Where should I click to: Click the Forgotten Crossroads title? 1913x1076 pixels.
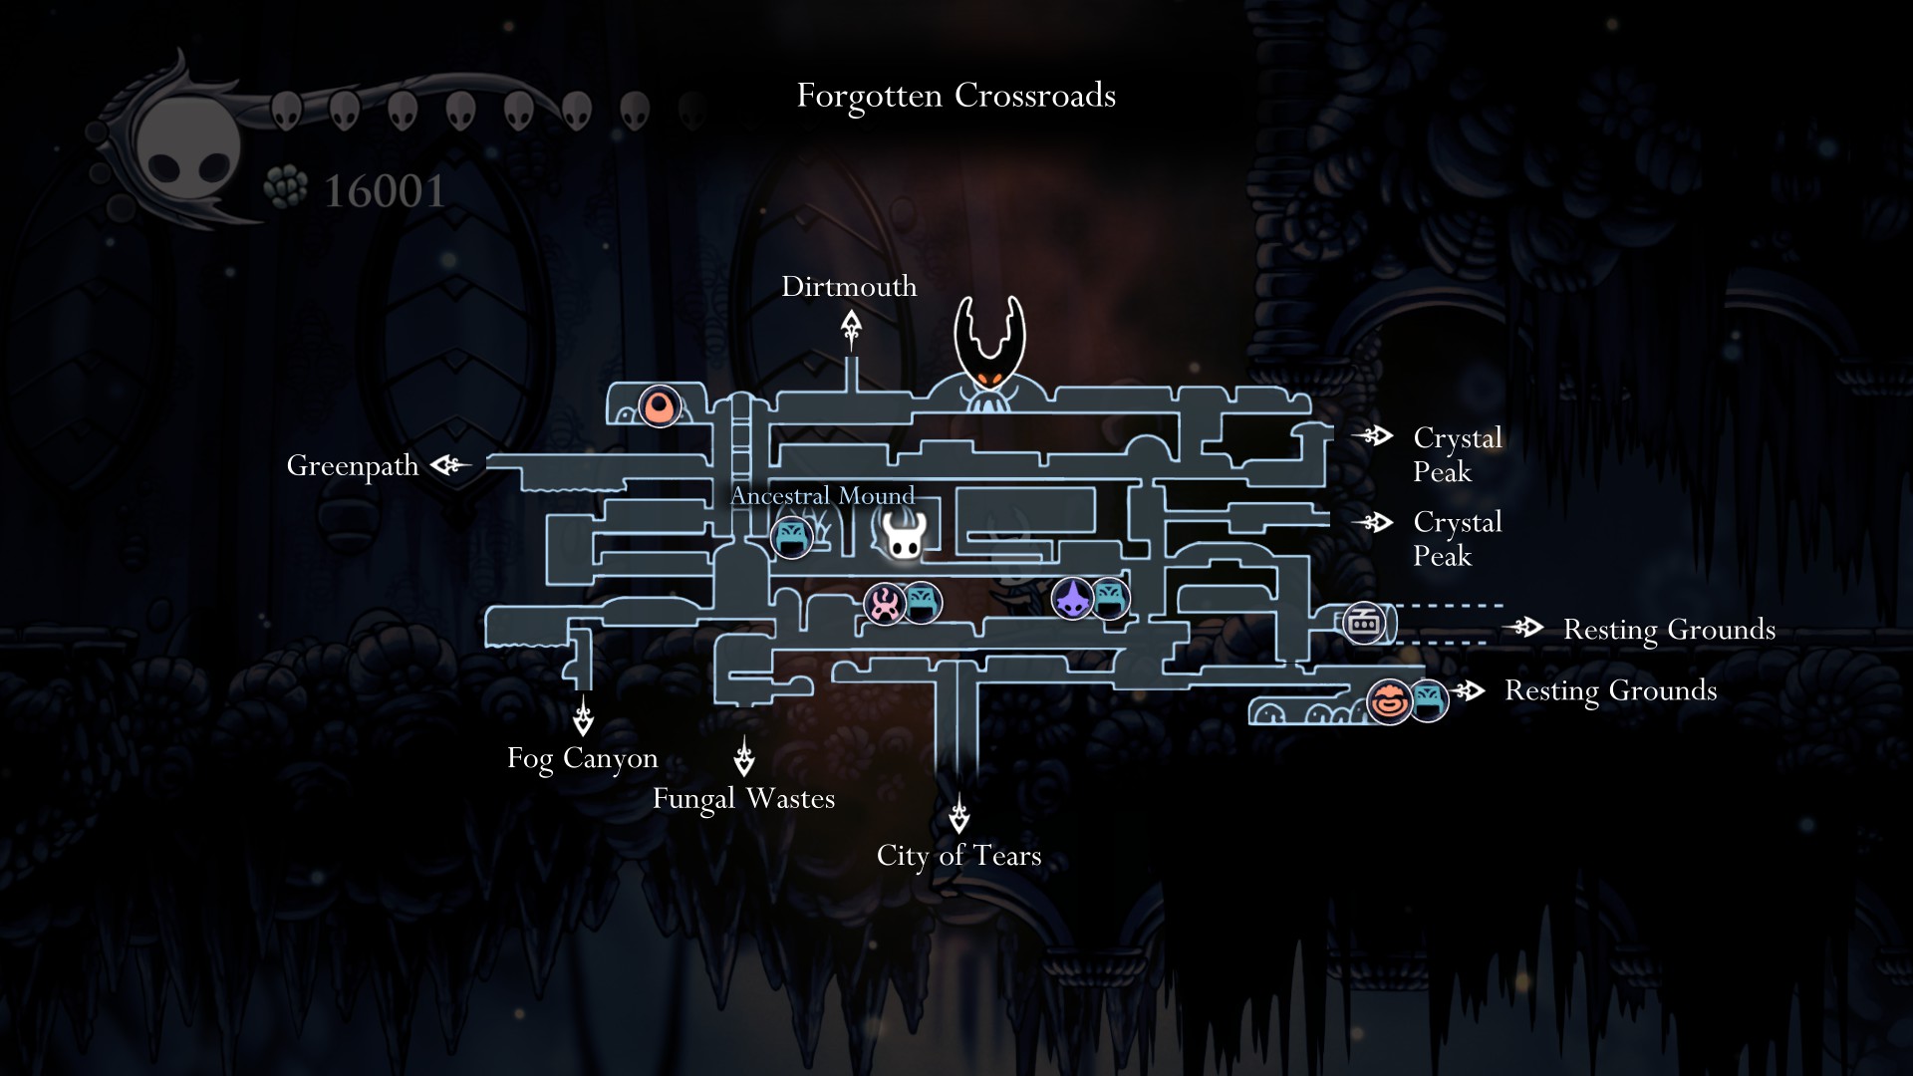tap(956, 96)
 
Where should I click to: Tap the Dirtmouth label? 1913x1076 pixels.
tap(849, 287)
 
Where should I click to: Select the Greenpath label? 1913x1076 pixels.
tap(353, 466)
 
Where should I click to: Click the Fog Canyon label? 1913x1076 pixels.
tap(583, 758)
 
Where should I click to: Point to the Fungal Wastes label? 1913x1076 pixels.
tap(743, 799)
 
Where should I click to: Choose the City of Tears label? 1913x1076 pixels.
tap(958, 856)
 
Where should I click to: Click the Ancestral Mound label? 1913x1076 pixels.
tap(822, 495)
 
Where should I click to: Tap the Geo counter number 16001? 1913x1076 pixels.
tap(385, 191)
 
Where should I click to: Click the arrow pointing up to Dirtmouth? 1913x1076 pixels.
tap(851, 328)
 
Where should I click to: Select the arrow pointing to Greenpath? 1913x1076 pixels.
tap(449, 464)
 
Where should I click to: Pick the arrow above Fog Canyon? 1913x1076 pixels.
tap(584, 716)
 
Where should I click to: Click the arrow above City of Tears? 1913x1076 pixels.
tap(958, 814)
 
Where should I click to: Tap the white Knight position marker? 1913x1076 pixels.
tap(905, 536)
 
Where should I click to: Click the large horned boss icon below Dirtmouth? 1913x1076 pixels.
tap(988, 354)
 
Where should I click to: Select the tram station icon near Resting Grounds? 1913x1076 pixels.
tap(1364, 624)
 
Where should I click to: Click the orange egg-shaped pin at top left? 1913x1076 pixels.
tap(660, 406)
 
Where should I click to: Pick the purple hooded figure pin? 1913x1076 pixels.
tap(1073, 598)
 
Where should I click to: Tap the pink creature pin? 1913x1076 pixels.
tap(884, 604)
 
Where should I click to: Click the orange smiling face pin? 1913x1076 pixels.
tap(1389, 701)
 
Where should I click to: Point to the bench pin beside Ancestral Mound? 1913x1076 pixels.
tap(792, 538)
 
